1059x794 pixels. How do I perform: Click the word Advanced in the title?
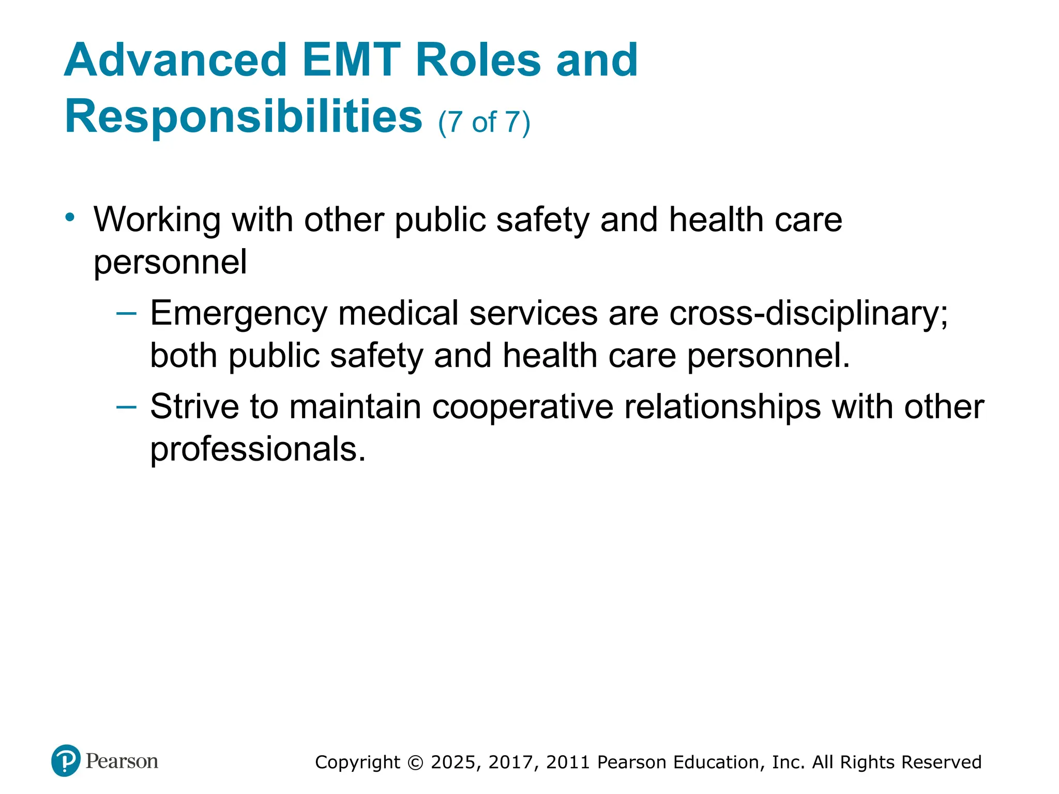point(175,60)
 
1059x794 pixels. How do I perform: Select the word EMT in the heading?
point(351,60)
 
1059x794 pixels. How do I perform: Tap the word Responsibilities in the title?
point(244,117)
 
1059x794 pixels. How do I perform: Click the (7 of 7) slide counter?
point(484,123)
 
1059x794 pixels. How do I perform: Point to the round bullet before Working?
point(70,217)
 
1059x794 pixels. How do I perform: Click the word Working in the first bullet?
point(157,220)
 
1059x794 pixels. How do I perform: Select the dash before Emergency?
point(127,313)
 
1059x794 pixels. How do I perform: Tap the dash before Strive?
point(127,407)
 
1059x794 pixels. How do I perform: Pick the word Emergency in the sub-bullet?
point(238,314)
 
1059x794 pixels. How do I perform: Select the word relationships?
point(722,407)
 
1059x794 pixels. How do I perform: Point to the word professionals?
point(258,449)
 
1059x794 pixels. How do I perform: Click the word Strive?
point(194,407)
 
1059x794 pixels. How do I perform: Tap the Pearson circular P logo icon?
point(66,760)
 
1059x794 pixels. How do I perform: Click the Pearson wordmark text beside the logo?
point(122,761)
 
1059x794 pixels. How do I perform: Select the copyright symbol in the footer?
point(415,762)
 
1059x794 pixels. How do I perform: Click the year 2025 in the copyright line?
point(454,762)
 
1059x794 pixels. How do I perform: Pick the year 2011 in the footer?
point(568,762)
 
